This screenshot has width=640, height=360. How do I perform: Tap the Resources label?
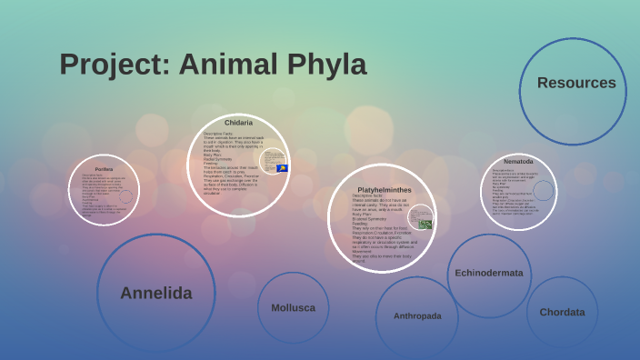(x=576, y=83)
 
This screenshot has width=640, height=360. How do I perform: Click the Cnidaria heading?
(x=238, y=122)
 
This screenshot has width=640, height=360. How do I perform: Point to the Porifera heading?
(x=104, y=169)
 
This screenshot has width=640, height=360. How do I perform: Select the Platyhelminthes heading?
(x=384, y=189)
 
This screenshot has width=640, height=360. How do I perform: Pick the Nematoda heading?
(x=518, y=161)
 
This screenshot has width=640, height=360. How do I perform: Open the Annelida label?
(x=155, y=293)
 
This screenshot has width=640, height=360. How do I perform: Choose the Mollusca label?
(x=293, y=307)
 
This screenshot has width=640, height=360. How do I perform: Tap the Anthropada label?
(x=417, y=315)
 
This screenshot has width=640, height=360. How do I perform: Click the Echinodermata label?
(x=489, y=273)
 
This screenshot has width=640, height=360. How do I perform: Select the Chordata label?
(x=562, y=312)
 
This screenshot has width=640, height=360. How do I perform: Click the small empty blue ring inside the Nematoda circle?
(x=543, y=190)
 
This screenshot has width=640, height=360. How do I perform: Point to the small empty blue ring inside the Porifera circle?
(x=125, y=196)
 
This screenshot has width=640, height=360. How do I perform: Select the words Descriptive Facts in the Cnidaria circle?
(x=219, y=133)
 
